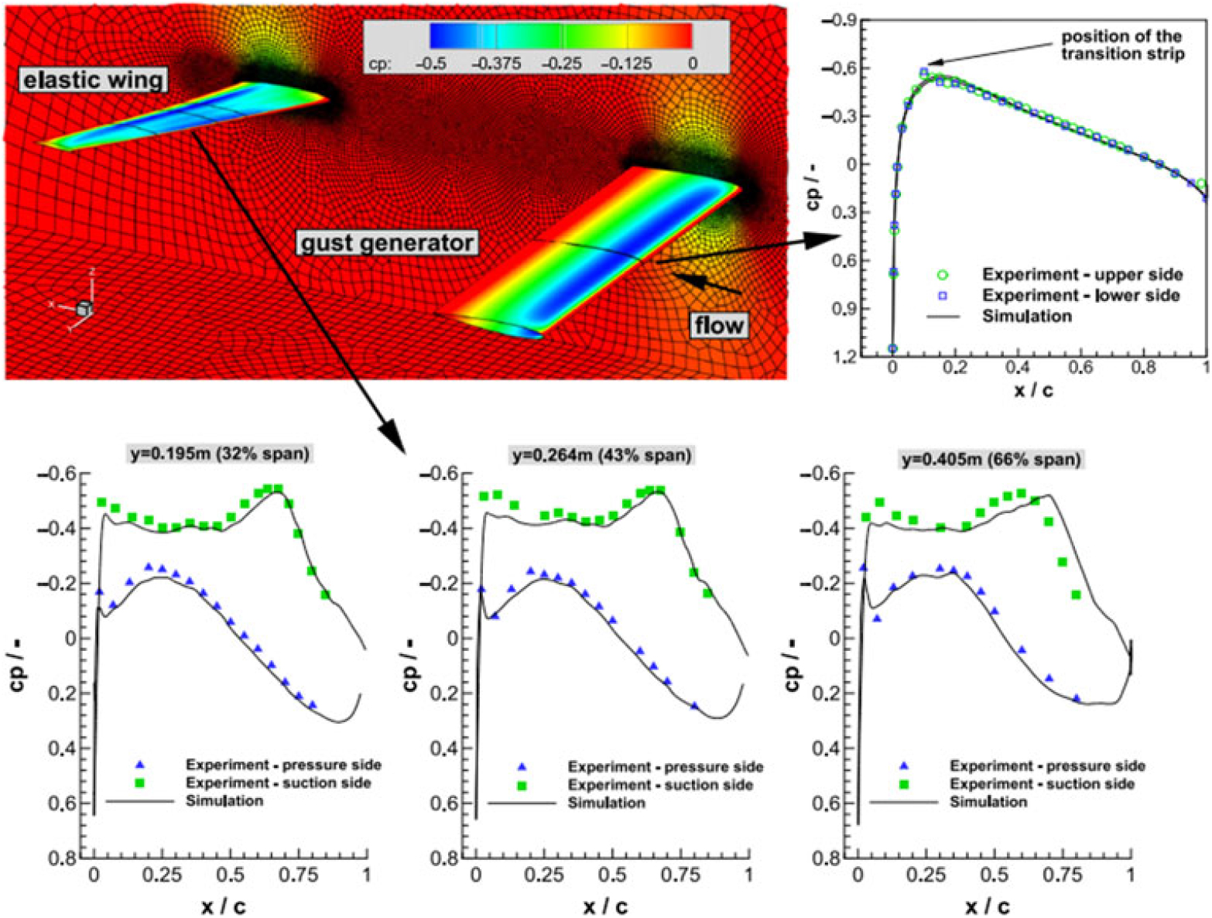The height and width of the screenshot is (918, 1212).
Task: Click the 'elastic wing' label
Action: coord(93,80)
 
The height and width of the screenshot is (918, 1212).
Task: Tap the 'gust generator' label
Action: coord(387,243)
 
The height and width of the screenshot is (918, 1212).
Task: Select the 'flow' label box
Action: coord(718,325)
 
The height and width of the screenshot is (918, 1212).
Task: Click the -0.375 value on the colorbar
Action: coord(496,63)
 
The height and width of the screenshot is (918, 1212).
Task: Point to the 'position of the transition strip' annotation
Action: coord(1122,45)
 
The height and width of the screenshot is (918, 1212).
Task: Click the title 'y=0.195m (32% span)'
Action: coord(215,454)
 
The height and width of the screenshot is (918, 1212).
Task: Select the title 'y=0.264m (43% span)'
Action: coord(599,456)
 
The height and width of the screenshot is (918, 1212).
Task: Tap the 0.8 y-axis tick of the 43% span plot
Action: coord(440,859)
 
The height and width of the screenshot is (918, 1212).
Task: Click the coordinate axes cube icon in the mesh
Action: coord(84,309)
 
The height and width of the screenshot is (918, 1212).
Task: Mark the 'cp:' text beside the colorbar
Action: coord(380,64)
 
